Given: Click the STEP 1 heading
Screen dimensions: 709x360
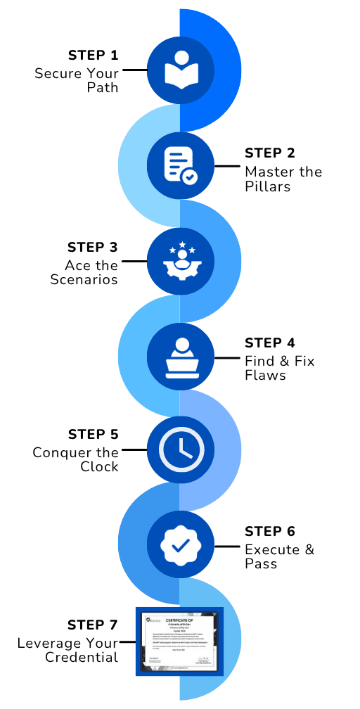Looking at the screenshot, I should click(x=94, y=56).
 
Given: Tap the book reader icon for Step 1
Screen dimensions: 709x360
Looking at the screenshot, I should click(x=180, y=70).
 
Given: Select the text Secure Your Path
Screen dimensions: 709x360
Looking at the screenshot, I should click(x=77, y=80).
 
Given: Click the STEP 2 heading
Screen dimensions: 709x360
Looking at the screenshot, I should click(x=269, y=153).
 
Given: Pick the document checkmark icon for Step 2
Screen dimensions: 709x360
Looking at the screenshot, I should click(x=180, y=166).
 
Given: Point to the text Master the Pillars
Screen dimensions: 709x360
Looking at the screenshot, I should click(x=283, y=179).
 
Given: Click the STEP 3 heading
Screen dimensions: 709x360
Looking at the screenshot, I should click(x=93, y=248).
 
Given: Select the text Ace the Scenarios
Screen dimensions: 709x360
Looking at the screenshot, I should click(x=84, y=272).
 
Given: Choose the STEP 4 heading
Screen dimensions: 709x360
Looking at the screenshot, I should click(x=269, y=343).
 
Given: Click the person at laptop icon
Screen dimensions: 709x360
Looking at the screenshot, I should click(x=180, y=357).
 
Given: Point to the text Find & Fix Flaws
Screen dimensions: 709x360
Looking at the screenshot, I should click(x=279, y=368).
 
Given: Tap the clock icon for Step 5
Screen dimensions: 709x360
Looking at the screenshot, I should click(x=180, y=448).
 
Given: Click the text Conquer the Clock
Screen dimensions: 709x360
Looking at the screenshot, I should click(x=76, y=459).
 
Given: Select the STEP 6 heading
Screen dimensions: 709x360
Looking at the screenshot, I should click(x=269, y=531).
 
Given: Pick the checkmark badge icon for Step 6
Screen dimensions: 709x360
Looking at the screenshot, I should click(x=180, y=544).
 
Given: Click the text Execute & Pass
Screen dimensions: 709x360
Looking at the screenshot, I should click(x=279, y=556).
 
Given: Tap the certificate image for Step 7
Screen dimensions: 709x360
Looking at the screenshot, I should click(x=179, y=641).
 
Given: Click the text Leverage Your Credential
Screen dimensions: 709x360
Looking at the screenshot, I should click(x=68, y=650).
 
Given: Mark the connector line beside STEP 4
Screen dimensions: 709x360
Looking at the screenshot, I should click(x=226, y=357).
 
